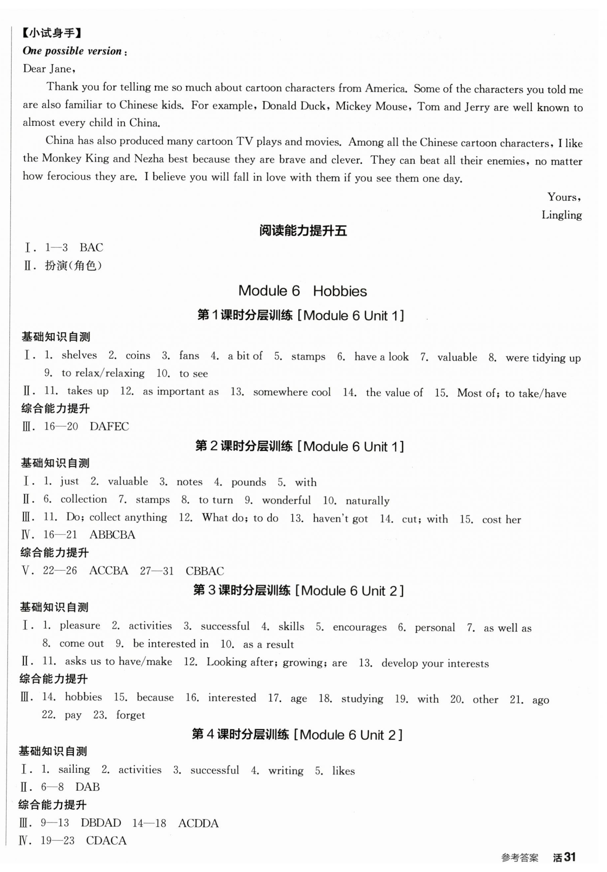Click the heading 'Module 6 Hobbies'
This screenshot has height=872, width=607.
tap(302, 291)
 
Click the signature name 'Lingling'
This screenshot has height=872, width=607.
tap(561, 215)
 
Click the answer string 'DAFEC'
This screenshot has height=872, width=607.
tap(109, 426)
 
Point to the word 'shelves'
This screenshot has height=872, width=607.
tap(79, 355)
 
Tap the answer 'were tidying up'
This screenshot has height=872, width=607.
tap(543, 358)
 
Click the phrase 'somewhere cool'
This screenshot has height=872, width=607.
tap(292, 392)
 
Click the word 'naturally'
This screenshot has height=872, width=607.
tap(367, 501)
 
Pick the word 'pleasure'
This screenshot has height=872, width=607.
tap(80, 625)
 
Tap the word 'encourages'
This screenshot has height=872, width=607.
tap(359, 627)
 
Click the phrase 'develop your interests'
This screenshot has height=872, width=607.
tap(435, 663)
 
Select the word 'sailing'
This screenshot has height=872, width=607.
tap(74, 769)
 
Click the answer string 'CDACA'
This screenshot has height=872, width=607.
tap(106, 841)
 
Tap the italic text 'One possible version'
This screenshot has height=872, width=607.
tap(72, 51)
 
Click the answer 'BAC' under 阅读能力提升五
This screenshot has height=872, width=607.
tap(91, 248)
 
